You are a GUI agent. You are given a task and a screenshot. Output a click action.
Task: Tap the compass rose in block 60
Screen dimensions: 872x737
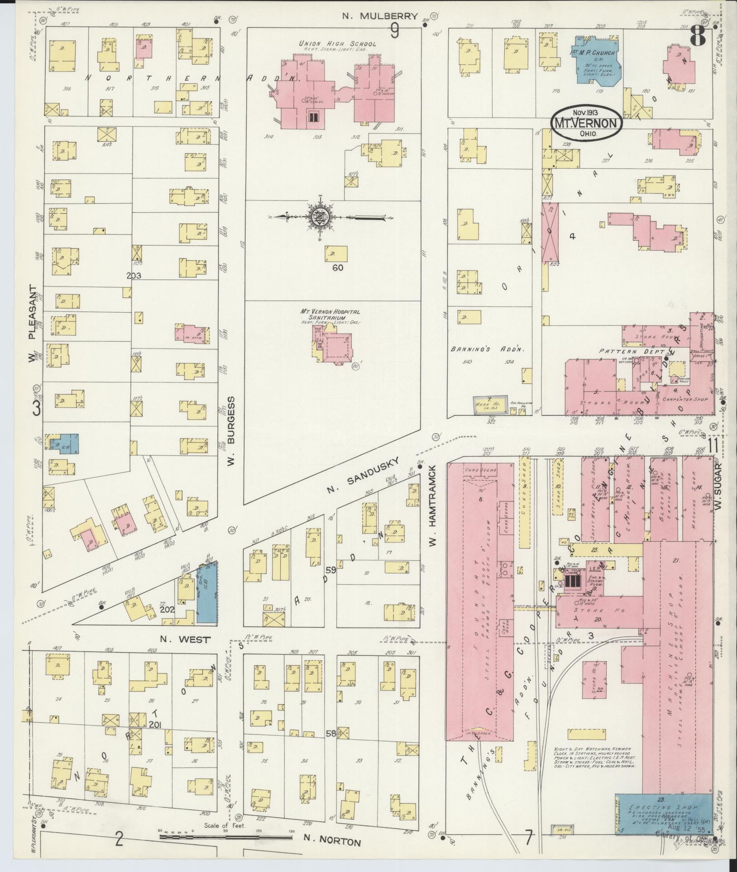coord(320,218)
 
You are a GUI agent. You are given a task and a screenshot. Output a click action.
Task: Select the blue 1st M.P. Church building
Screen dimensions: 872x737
coord(594,59)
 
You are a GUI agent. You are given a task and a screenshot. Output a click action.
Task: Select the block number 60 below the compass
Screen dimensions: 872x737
coord(338,267)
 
